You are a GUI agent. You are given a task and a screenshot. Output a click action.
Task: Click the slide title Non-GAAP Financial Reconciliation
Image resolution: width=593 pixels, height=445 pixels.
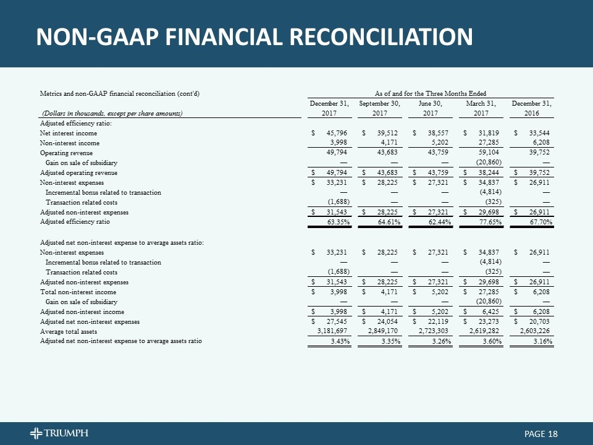[254, 37]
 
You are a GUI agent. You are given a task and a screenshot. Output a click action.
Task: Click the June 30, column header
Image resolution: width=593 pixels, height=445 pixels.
[431, 103]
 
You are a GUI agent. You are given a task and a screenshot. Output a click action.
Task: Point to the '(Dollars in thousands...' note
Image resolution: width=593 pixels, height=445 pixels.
[112, 113]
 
